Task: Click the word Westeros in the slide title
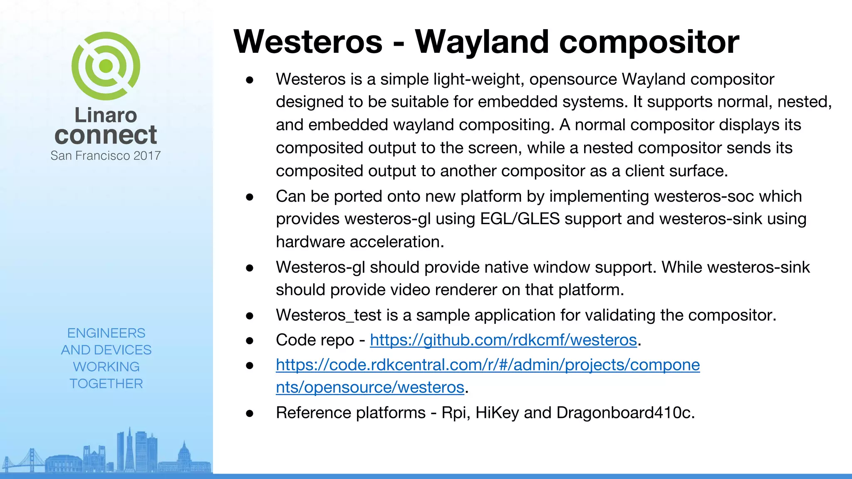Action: coord(308,42)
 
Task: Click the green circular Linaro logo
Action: coord(106,66)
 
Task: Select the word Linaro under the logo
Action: coord(106,115)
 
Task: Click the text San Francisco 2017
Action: coord(106,156)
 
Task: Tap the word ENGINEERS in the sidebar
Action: coord(106,333)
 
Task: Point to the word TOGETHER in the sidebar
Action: coord(106,383)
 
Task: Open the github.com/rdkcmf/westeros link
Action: coord(503,340)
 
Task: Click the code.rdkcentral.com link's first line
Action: coord(488,365)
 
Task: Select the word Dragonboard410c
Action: coord(625,412)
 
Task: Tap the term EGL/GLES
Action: coord(520,219)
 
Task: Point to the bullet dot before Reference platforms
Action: coord(250,413)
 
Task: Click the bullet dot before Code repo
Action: coord(250,341)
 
